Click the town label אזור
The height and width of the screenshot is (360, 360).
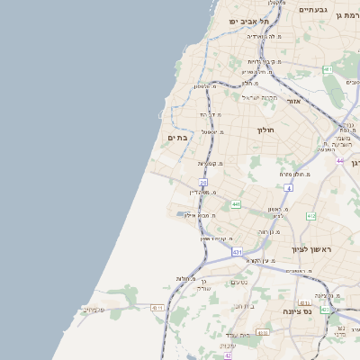click(x=293, y=101)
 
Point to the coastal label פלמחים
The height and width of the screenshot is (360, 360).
click(x=91, y=310)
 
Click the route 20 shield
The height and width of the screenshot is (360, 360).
click(x=203, y=182)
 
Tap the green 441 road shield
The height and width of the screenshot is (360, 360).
click(x=236, y=204)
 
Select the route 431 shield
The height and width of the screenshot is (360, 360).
click(x=237, y=252)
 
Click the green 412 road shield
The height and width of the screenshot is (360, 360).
click(x=311, y=216)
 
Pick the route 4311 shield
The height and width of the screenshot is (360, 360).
click(x=158, y=308)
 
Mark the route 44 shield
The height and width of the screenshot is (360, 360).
click(x=340, y=160)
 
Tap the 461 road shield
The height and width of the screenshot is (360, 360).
click(x=328, y=69)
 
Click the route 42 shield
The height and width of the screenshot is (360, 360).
click(x=228, y=355)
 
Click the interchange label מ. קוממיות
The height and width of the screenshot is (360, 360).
click(x=210, y=163)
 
